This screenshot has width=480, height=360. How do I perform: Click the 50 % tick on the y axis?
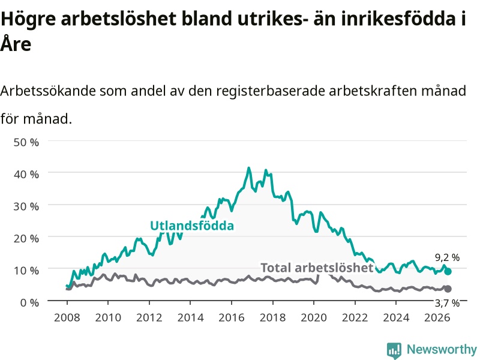(26, 142)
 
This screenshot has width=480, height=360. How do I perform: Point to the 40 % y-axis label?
(26, 175)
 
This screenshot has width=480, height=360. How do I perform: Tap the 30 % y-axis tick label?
(26, 206)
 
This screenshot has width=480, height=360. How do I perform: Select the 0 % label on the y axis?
(29, 302)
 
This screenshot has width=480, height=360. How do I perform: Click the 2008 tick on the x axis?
(67, 317)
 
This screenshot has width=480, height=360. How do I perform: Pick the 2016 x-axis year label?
(232, 317)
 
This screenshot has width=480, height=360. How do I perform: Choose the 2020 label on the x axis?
(314, 317)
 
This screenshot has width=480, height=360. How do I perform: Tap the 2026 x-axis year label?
(437, 317)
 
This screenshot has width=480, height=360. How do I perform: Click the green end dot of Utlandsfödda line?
(448, 272)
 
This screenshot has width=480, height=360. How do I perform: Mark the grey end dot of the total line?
(448, 289)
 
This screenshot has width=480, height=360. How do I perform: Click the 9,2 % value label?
(447, 257)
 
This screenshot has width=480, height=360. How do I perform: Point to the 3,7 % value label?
(447, 303)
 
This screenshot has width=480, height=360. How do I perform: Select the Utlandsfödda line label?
(192, 226)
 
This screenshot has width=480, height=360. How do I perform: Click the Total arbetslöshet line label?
(317, 268)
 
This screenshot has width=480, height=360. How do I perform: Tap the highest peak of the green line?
(248, 168)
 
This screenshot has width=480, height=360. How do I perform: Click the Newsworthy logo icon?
(394, 350)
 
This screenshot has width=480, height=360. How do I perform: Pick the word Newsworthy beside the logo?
(442, 349)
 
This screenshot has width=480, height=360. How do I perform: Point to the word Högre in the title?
(28, 20)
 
